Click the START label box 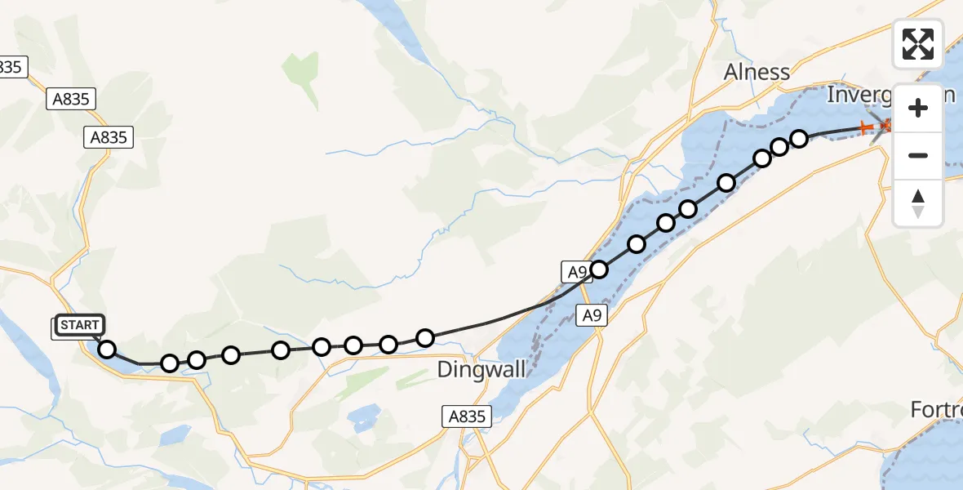click(x=80, y=326)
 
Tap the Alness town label click(x=757, y=72)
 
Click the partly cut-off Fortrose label click(x=937, y=409)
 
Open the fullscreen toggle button click(x=918, y=43)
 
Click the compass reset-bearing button click(x=918, y=203)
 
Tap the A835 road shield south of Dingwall click(x=468, y=416)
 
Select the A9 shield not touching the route click(x=592, y=314)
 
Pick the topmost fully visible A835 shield click(x=73, y=99)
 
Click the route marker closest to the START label click(x=107, y=350)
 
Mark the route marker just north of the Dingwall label click(x=424, y=337)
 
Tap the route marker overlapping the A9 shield click(x=599, y=269)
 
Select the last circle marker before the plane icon click(x=799, y=139)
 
